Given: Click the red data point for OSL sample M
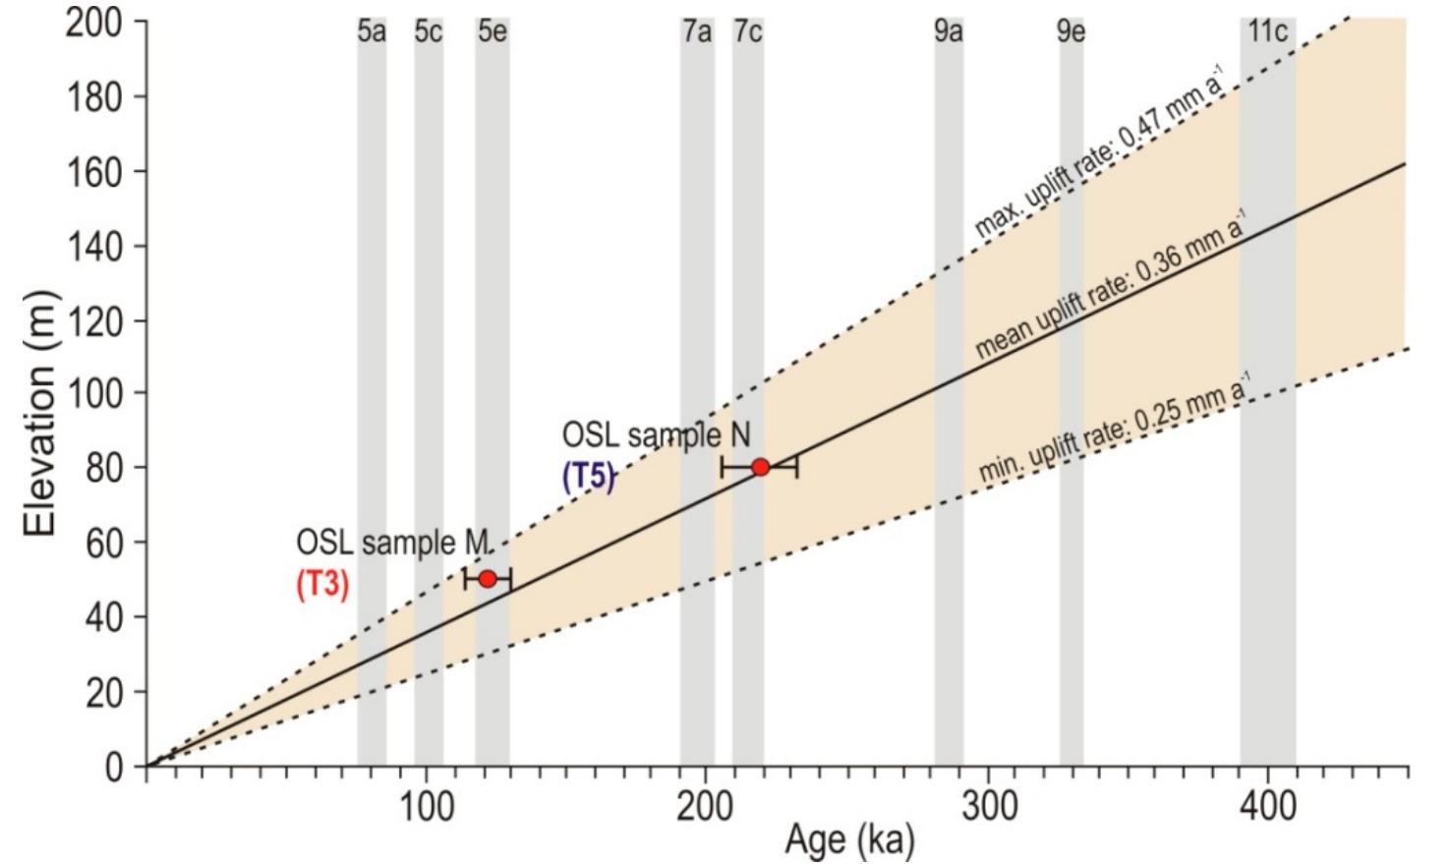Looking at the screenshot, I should click(x=488, y=579).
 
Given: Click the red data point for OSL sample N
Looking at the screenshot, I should click(x=760, y=467).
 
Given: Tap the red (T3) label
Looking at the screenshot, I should click(x=322, y=584).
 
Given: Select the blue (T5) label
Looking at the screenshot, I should click(x=588, y=477).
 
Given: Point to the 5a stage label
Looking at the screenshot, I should click(x=371, y=31).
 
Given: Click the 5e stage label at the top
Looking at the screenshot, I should click(x=493, y=31).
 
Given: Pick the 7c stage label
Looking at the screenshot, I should click(x=747, y=31).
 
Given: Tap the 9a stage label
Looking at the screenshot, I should click(x=948, y=31).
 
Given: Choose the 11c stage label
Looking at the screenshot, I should click(x=1267, y=31).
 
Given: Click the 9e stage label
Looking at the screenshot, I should click(x=1071, y=31).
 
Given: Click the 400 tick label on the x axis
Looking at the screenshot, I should click(x=1267, y=807).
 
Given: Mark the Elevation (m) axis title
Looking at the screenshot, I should click(x=39, y=413).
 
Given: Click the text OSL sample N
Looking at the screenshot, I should click(x=656, y=434).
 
